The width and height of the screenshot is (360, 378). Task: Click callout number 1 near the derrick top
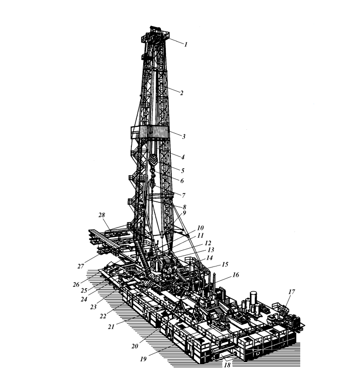click(186, 44)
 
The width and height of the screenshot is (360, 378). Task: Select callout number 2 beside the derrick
click(181, 93)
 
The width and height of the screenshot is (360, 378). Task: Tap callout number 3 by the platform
click(184, 137)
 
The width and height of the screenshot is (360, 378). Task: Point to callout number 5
click(182, 171)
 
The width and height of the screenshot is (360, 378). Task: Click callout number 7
click(183, 195)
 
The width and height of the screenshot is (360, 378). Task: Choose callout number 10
click(200, 228)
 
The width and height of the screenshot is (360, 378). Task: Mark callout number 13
click(211, 250)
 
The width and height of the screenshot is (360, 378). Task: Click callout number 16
click(236, 275)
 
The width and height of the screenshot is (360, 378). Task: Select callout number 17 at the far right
click(291, 292)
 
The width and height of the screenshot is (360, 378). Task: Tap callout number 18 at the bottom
click(227, 365)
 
